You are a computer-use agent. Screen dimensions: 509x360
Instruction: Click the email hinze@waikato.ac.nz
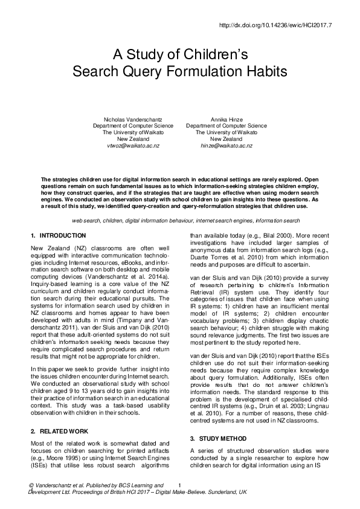tap(227, 146)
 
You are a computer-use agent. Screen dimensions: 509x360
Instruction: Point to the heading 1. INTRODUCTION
tap(58, 235)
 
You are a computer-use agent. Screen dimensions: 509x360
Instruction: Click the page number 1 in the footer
tap(180, 485)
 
